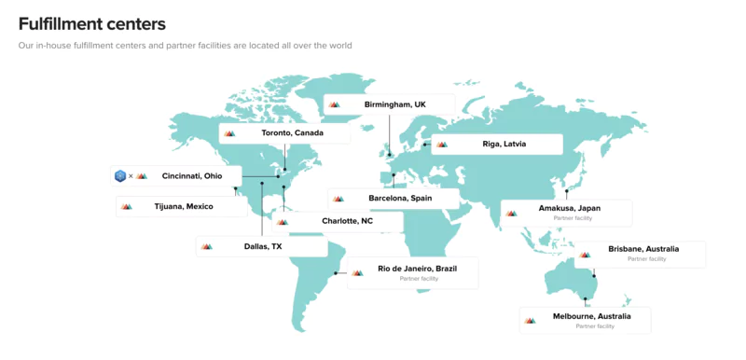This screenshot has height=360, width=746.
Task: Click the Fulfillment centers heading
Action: (92, 23)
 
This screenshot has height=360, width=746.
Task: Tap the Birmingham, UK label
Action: (394, 104)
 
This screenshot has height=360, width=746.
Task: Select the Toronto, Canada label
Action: (292, 133)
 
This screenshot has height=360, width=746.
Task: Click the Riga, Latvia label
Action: (504, 145)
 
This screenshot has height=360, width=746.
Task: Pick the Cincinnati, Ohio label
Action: (192, 175)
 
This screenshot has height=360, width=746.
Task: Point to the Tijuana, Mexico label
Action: (184, 206)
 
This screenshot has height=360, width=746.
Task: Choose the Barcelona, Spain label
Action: (400, 198)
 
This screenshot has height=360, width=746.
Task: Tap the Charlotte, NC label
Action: (347, 221)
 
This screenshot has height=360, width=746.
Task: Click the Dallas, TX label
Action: (263, 246)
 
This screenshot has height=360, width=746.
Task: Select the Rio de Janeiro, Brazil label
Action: (417, 269)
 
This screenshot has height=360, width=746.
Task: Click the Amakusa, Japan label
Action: (570, 208)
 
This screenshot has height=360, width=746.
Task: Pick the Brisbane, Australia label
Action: (643, 249)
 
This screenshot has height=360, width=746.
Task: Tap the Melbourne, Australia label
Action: (591, 316)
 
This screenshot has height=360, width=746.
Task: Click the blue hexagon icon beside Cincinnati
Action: (120, 175)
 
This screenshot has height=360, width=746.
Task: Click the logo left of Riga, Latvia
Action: (442, 145)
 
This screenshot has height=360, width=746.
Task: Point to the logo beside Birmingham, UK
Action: (334, 104)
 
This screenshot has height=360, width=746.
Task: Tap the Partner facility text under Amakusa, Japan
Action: (572, 218)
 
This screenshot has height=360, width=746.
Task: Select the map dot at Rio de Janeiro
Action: (336, 273)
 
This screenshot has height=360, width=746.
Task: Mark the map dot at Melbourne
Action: (586, 300)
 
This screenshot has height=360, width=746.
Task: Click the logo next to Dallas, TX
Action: (207, 246)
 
